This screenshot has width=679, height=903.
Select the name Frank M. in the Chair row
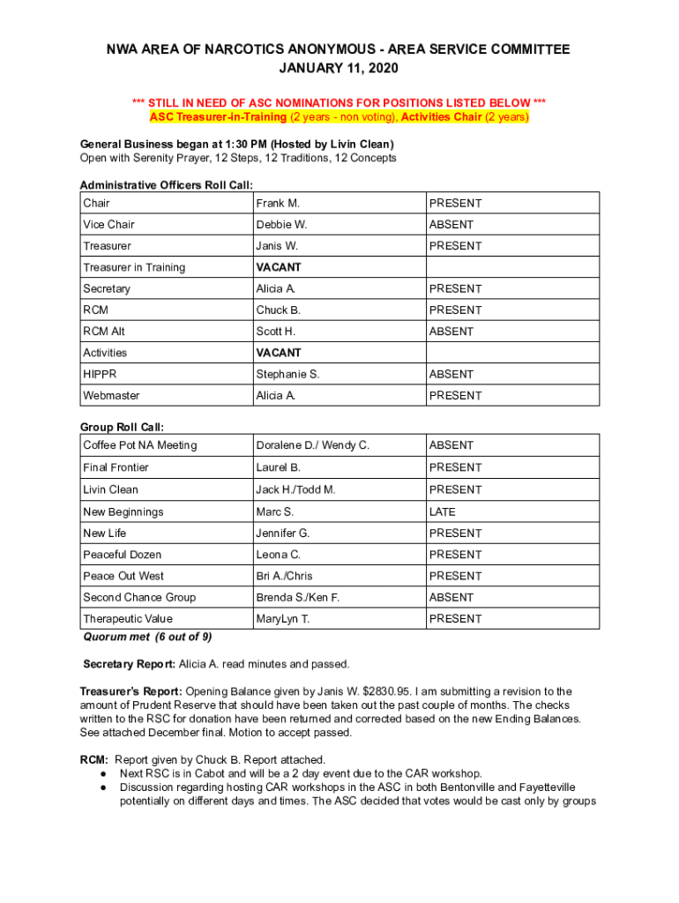pos(279,204)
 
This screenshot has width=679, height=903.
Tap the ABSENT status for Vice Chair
pos(451,225)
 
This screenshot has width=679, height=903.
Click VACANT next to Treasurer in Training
pos(279,267)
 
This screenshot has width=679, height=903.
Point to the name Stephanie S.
pos(287,374)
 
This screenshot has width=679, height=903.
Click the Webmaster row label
pos(111,396)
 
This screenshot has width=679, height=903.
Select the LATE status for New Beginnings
pos(443,511)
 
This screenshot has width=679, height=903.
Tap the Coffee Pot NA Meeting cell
pos(140,445)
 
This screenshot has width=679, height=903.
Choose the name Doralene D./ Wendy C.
pos(313,445)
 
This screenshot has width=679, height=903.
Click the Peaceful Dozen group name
pos(123,555)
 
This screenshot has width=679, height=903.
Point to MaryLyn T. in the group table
pos(283,619)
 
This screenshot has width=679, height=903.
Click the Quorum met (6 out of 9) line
pos(147,637)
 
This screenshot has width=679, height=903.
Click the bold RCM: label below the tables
pos(93,759)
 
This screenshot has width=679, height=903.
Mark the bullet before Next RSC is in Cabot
pos(104,773)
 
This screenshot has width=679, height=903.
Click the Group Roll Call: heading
pos(122,427)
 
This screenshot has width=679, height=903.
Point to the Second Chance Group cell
pos(139,597)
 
